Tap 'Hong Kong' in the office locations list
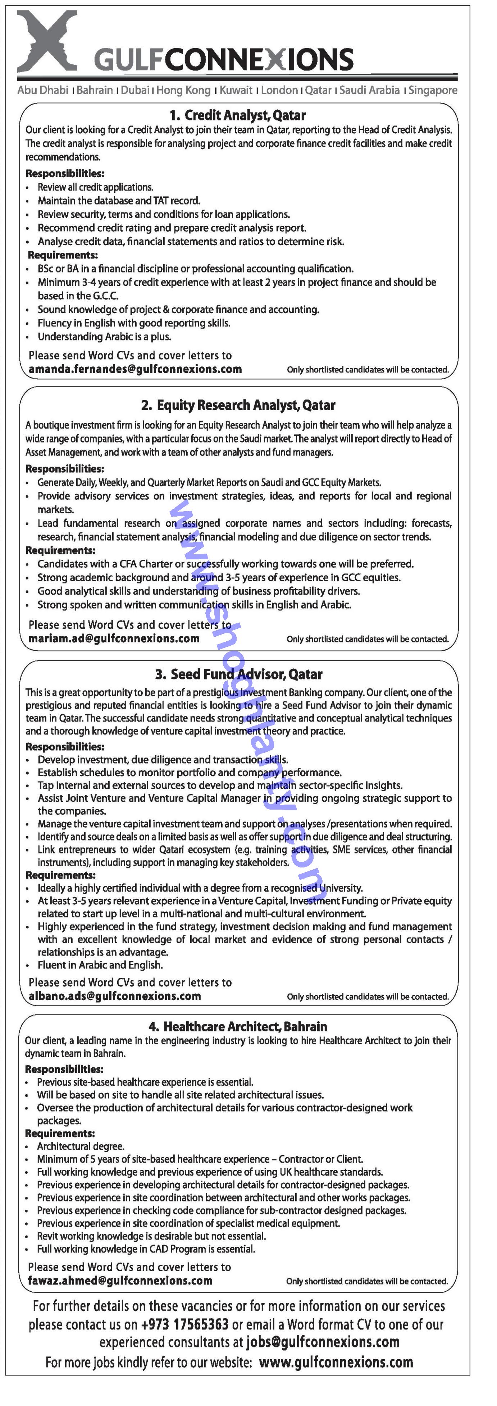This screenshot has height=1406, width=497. [x=183, y=91]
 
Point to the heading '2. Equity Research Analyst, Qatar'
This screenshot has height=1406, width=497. [x=238, y=405]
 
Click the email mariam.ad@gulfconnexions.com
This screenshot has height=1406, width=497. [x=114, y=638]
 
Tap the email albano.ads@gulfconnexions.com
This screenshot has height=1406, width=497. [x=115, y=996]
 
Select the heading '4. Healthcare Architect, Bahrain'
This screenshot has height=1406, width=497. [x=238, y=1027]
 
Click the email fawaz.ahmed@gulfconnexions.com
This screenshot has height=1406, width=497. [x=120, y=1281]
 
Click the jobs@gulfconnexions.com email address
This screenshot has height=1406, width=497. [x=323, y=1342]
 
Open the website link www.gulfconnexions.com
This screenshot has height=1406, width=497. [x=336, y=1363]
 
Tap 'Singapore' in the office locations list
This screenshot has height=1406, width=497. [x=433, y=91]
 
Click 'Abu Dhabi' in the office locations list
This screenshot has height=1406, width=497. [x=42, y=91]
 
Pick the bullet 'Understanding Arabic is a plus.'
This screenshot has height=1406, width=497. [x=104, y=337]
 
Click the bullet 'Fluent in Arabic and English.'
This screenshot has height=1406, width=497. [x=100, y=965]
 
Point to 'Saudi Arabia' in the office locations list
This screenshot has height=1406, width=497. [x=369, y=91]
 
